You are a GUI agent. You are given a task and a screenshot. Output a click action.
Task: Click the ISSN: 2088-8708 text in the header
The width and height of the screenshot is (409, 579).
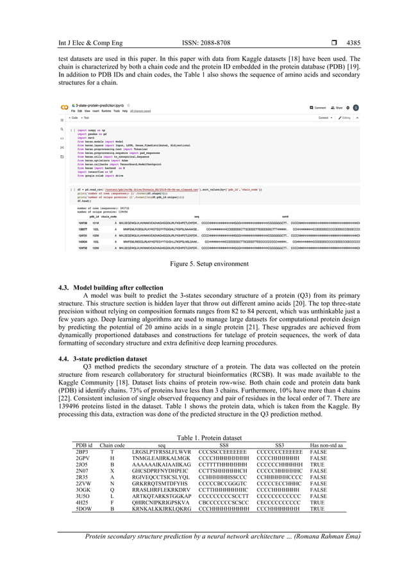click(x=203, y=26)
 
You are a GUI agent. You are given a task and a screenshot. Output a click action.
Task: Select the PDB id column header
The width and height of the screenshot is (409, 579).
click(x=84, y=445)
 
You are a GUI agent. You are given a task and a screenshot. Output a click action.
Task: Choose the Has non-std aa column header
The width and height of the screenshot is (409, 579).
click(x=326, y=445)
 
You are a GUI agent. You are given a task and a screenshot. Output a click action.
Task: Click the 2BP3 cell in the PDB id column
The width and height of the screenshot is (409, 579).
click(x=83, y=453)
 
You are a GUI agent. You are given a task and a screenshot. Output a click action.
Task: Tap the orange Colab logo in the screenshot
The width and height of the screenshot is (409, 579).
click(x=64, y=107)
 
